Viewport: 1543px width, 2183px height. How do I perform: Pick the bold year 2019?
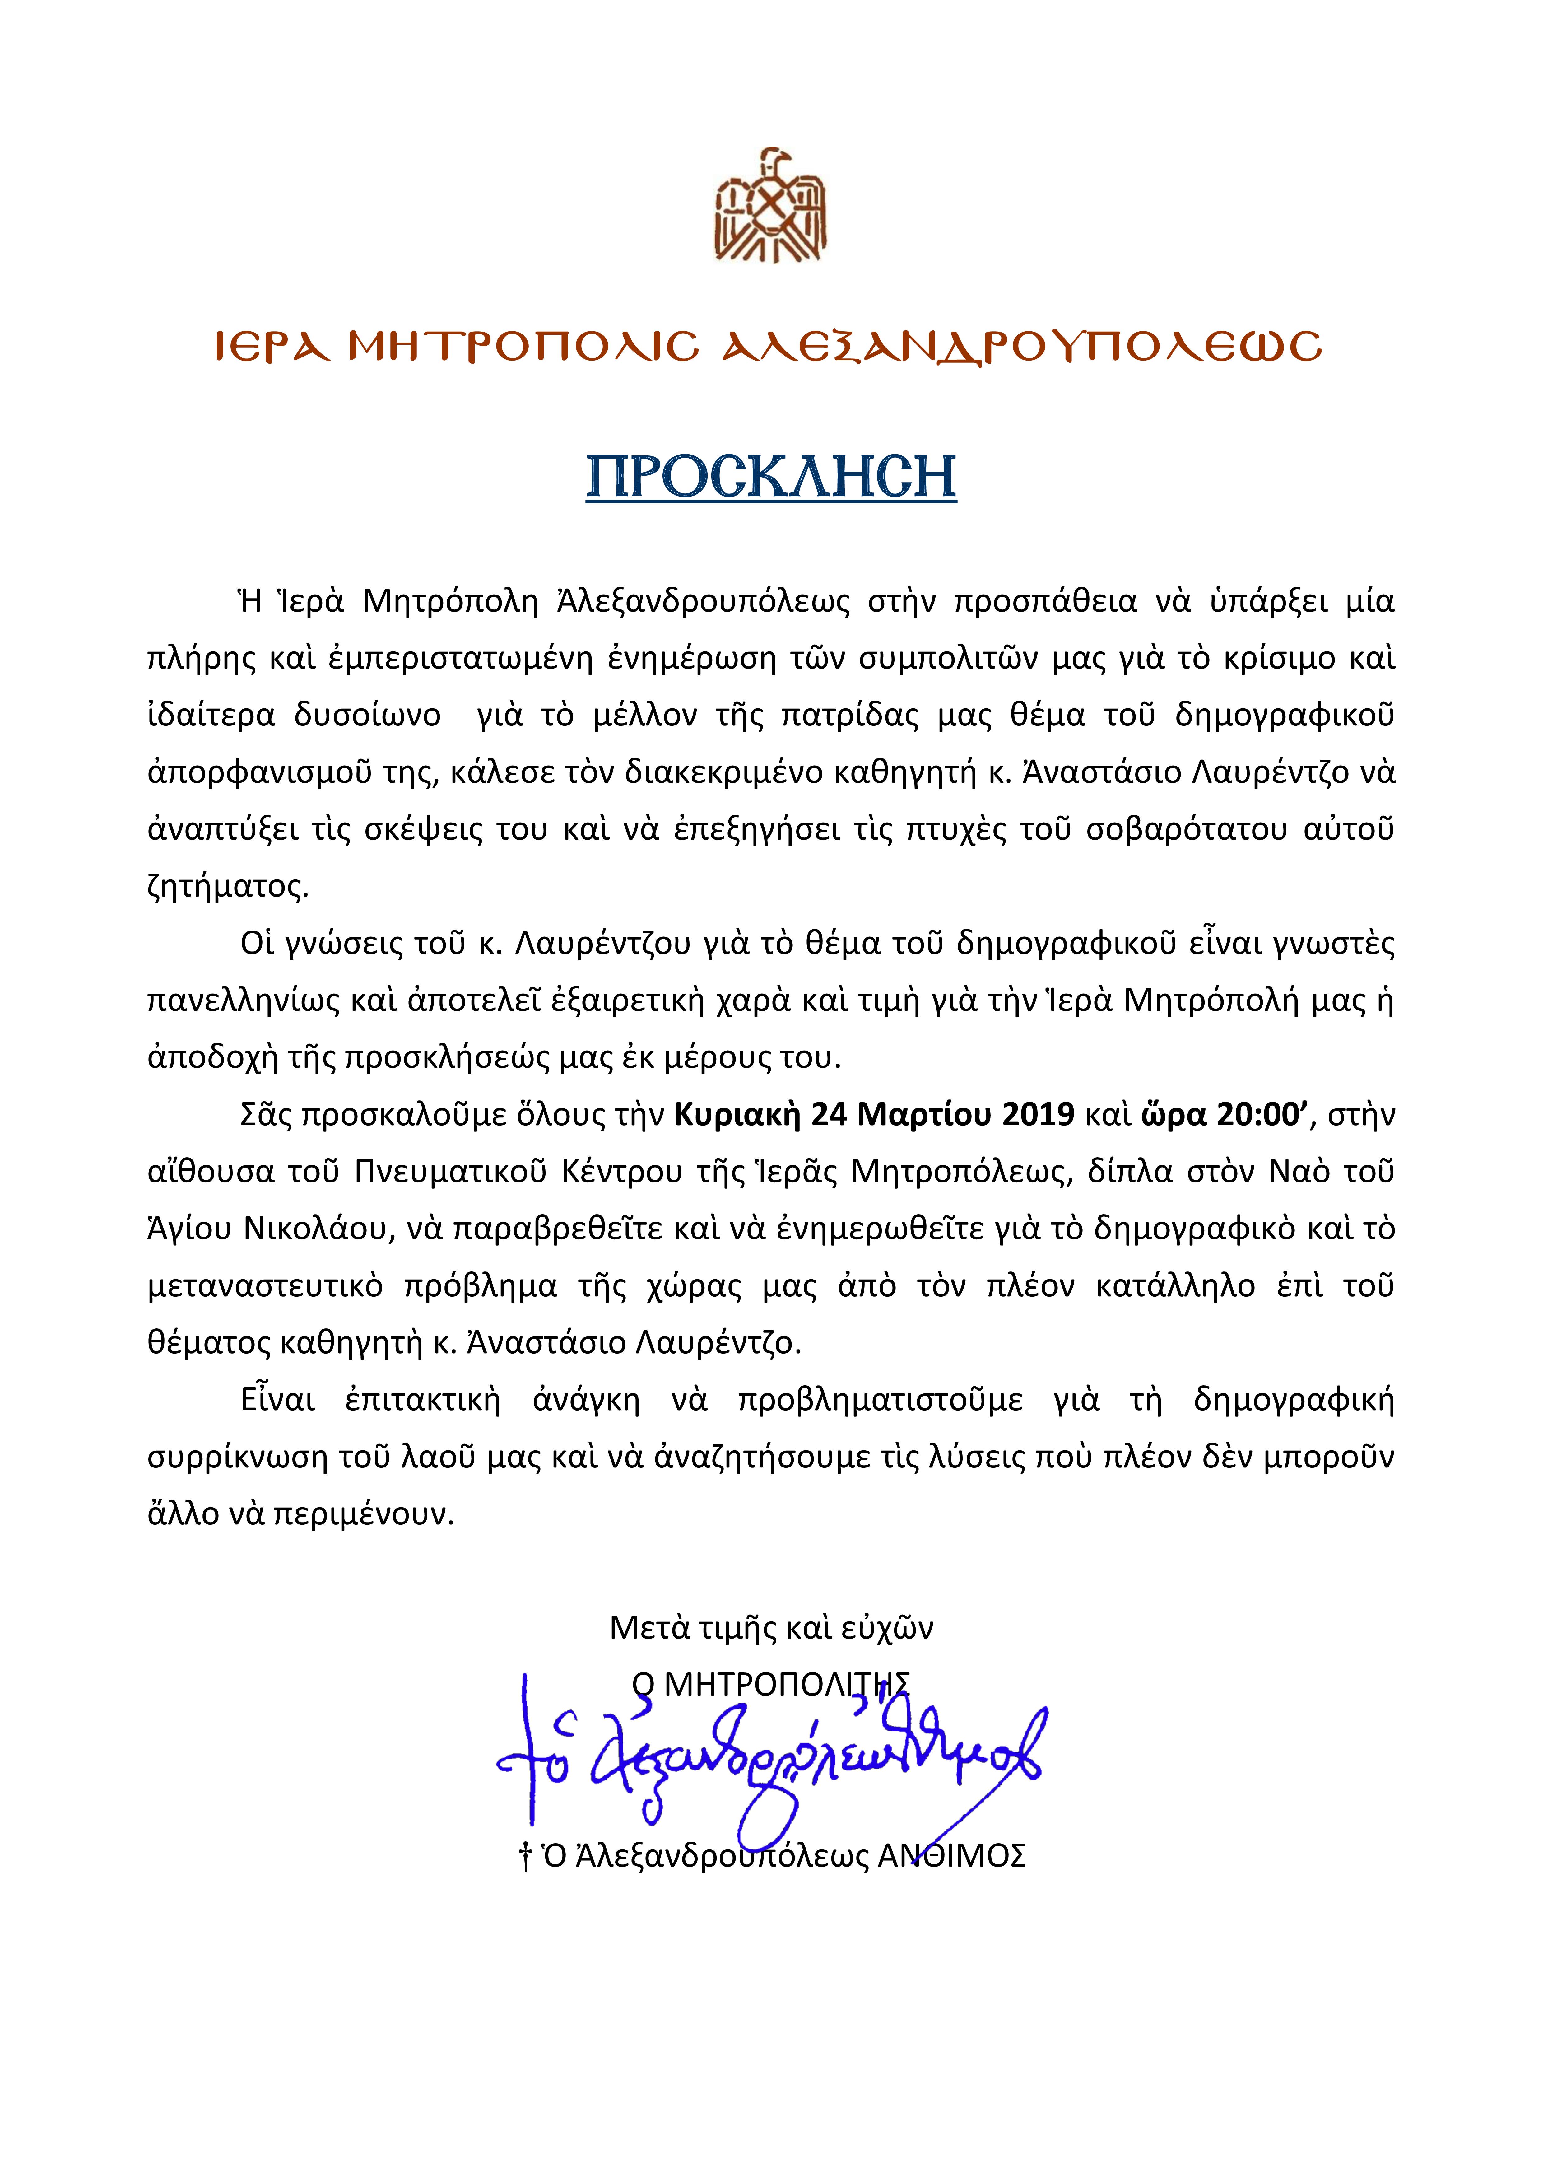click(x=1035, y=1114)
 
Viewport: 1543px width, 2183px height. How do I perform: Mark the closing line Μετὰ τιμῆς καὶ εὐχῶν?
click(x=771, y=1628)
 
